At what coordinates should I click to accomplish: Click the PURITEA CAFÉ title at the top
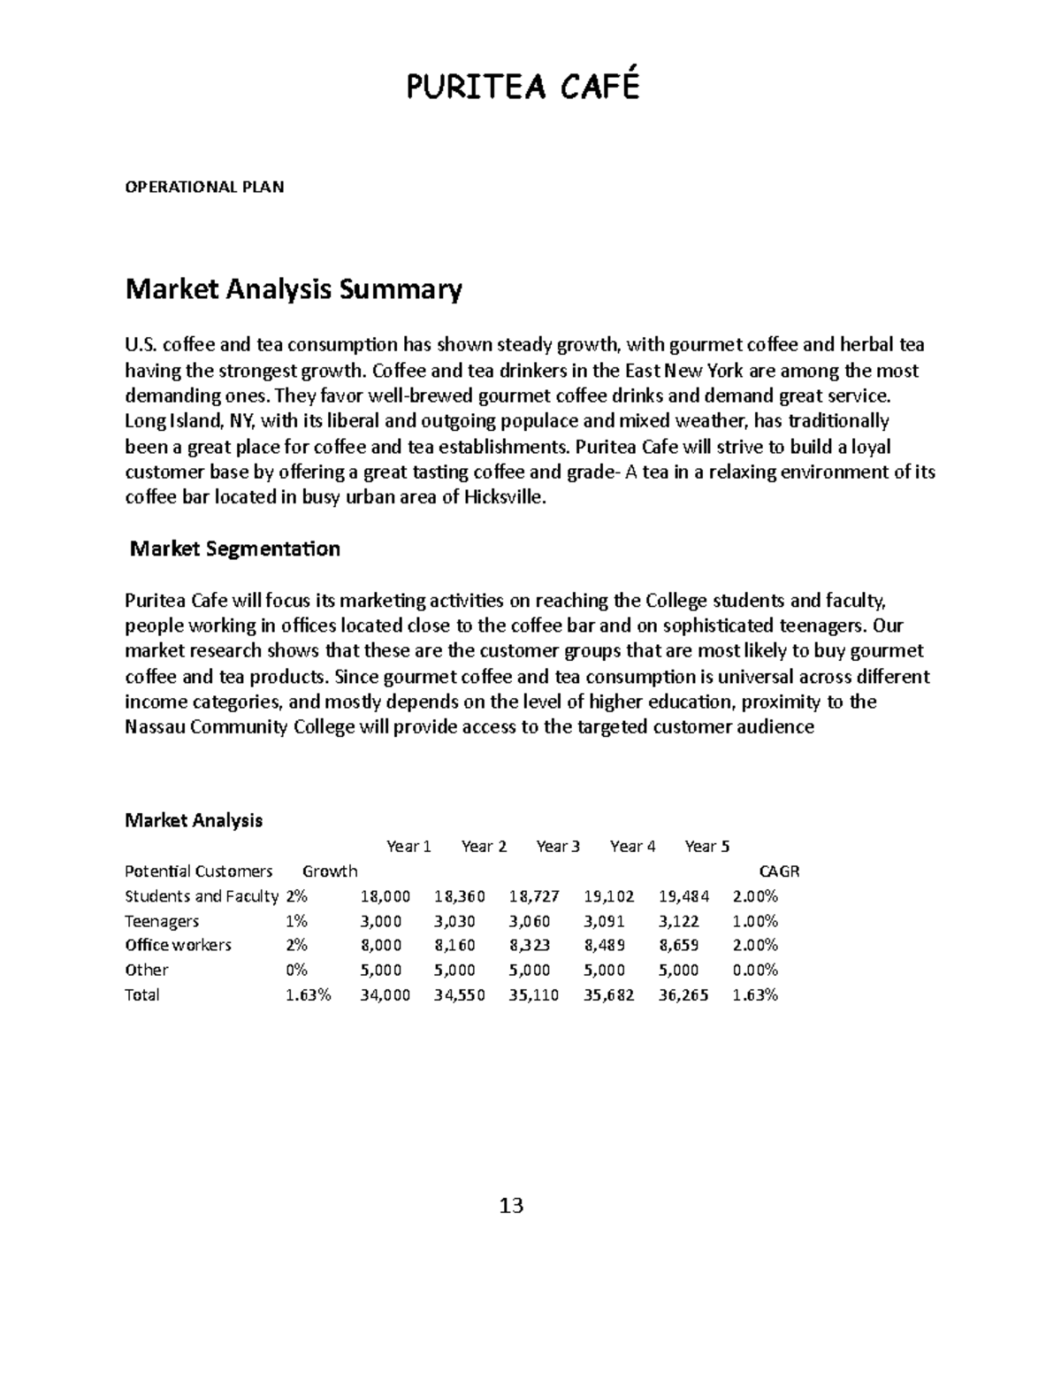click(x=522, y=87)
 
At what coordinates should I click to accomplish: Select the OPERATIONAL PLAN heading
click(x=204, y=187)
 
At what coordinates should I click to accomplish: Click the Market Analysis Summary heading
click(x=294, y=290)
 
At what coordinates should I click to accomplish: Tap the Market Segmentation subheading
click(x=234, y=549)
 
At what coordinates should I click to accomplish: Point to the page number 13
click(x=511, y=1206)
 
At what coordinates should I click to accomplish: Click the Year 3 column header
click(x=557, y=847)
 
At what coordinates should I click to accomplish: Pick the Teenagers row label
click(x=162, y=921)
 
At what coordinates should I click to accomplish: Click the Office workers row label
click(x=178, y=945)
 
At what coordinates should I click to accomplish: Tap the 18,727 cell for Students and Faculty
click(x=534, y=896)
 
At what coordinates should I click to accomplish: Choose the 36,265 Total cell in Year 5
click(x=683, y=994)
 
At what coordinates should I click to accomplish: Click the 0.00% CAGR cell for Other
click(x=755, y=970)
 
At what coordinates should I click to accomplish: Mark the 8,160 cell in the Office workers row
click(x=460, y=945)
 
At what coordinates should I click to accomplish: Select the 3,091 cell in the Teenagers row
click(x=609, y=921)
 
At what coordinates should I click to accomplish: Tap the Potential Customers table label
click(x=199, y=871)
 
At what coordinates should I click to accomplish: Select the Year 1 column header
click(x=408, y=847)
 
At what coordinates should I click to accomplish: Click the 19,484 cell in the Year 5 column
click(x=683, y=896)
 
